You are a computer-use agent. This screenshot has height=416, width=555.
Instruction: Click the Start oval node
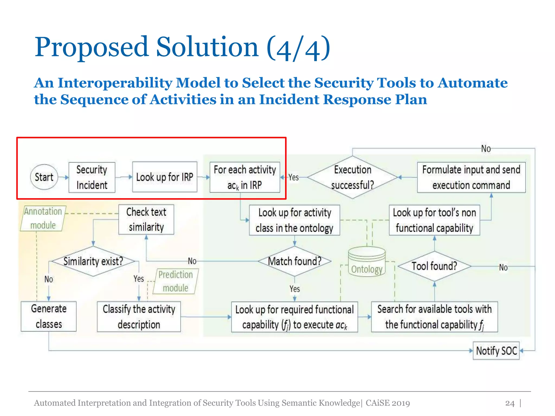[x=44, y=177]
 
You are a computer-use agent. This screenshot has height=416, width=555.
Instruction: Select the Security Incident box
[x=92, y=177]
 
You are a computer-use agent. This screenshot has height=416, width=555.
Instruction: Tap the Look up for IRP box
[x=164, y=177]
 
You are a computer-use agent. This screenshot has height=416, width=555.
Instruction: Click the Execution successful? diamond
[x=352, y=177]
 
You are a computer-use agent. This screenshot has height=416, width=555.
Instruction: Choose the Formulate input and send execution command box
[x=471, y=177]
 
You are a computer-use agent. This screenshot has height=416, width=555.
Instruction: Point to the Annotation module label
[x=43, y=218]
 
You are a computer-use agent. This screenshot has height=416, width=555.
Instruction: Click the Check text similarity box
[x=146, y=219]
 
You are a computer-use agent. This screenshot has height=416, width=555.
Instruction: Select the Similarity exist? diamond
[x=93, y=261]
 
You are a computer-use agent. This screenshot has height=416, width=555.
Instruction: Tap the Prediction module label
[x=176, y=281]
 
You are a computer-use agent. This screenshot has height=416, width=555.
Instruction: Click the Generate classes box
[x=49, y=316]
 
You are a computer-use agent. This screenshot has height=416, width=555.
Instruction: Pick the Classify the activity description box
[x=139, y=317]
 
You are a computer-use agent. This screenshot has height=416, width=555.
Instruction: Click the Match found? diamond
[x=295, y=261]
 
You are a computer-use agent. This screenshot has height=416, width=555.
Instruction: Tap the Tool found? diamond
[x=434, y=266]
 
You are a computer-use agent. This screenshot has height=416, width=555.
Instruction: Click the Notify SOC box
[x=496, y=351]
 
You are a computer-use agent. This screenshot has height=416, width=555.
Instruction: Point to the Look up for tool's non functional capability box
[x=434, y=220]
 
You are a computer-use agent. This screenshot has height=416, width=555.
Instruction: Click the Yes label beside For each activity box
[x=293, y=177]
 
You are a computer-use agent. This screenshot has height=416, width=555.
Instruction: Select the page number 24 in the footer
[x=510, y=403]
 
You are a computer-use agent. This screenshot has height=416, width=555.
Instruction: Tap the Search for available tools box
[x=434, y=317]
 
